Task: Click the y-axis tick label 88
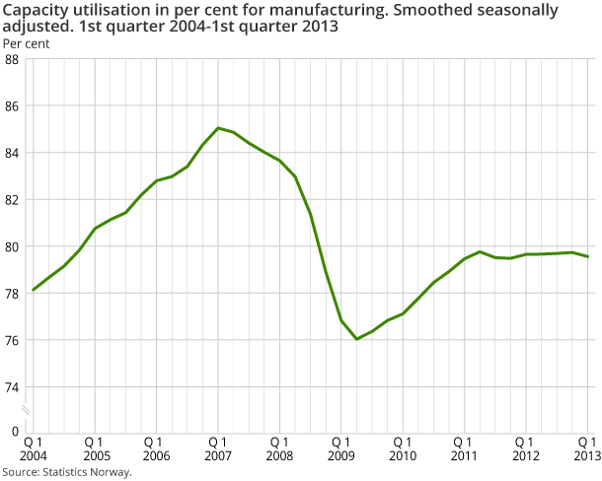[14, 59]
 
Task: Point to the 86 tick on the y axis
[14, 105]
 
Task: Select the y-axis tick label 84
[14, 153]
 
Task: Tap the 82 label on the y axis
[14, 200]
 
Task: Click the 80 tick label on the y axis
[14, 246]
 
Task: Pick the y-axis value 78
[14, 294]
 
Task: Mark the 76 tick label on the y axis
[14, 341]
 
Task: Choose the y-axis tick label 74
[14, 387]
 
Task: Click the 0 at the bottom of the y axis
[17, 432]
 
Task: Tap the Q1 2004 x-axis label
[33, 448]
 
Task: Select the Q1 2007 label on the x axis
[218, 448]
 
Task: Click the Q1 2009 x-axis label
[341, 448]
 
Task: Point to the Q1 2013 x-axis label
[588, 448]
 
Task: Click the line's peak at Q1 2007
[218, 128]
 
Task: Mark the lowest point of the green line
[356, 339]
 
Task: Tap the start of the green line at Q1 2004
[34, 290]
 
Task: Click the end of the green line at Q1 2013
[588, 257]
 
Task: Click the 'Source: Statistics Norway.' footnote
[66, 472]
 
